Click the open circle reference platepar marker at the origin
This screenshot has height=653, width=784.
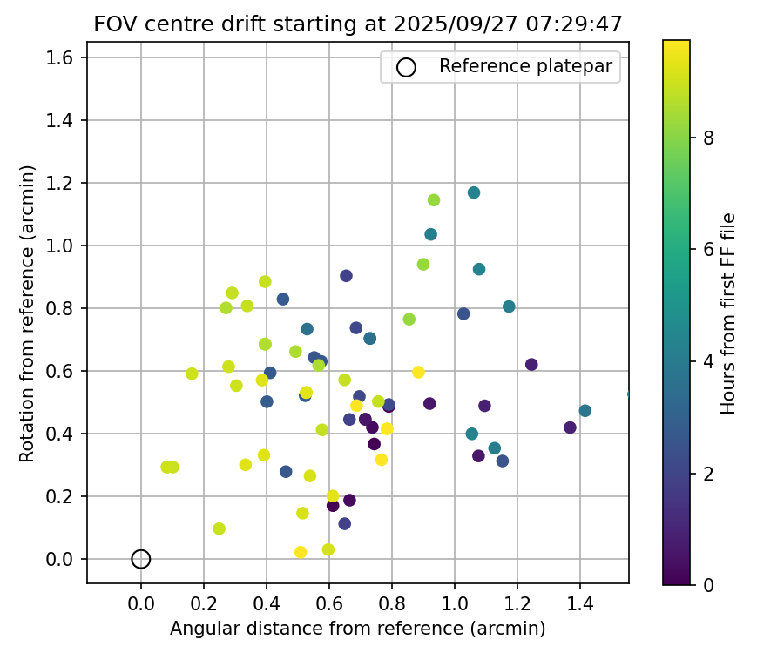tap(141, 559)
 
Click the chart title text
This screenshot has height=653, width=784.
tap(358, 24)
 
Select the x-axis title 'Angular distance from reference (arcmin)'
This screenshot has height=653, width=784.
tap(358, 629)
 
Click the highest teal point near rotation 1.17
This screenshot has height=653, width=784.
tap(474, 192)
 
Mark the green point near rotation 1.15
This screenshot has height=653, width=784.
tap(434, 200)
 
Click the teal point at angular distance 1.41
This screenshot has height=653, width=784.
tap(585, 411)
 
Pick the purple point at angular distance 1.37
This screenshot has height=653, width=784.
tap(570, 427)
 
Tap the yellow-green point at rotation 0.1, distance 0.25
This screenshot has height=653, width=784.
tap(219, 528)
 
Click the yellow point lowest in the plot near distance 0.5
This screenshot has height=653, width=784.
tap(301, 552)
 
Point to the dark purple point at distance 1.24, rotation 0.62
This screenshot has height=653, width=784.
tap(531, 365)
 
